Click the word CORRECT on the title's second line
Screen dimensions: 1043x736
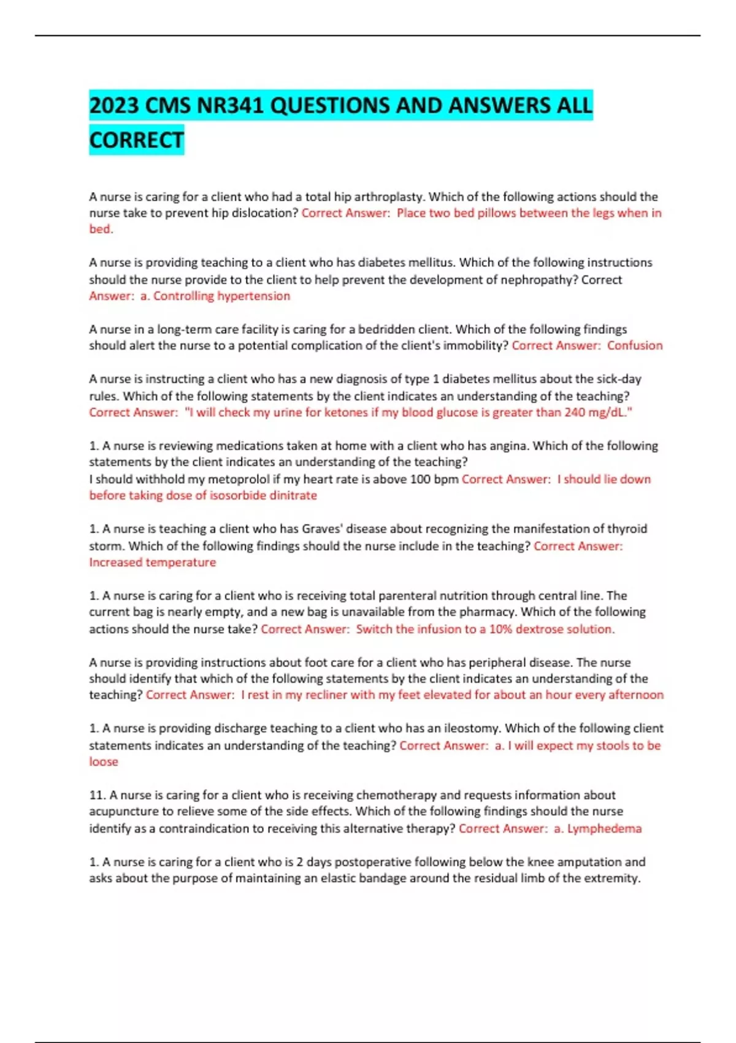(136, 140)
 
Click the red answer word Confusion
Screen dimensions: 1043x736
(635, 345)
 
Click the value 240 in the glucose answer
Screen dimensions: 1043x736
(574, 412)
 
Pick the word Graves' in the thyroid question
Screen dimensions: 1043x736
(331, 529)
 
